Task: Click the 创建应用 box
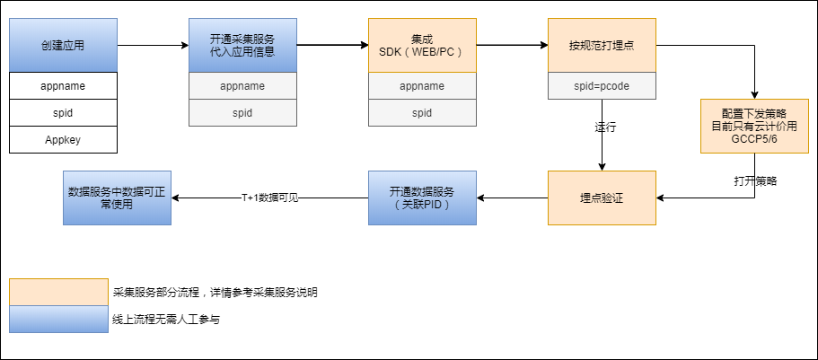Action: pyautogui.click(x=63, y=44)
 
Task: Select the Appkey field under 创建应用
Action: pyautogui.click(x=63, y=139)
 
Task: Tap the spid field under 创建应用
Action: pyautogui.click(x=63, y=113)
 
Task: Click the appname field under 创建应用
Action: pyautogui.click(x=63, y=86)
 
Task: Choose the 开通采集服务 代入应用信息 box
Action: pyautogui.click(x=242, y=44)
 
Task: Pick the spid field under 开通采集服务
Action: pyautogui.click(x=242, y=113)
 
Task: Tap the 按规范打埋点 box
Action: pyautogui.click(x=602, y=44)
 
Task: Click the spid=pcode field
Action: pyautogui.click(x=602, y=86)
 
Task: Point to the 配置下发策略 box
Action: pyautogui.click(x=753, y=127)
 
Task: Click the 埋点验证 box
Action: pyautogui.click(x=602, y=198)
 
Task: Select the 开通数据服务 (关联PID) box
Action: pyautogui.click(x=422, y=198)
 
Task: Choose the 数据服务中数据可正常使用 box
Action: pyautogui.click(x=118, y=198)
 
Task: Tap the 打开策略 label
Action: pyautogui.click(x=754, y=180)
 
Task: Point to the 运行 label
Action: pyautogui.click(x=605, y=127)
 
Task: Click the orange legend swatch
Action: pyautogui.click(x=58, y=292)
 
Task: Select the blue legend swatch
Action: pyautogui.click(x=58, y=319)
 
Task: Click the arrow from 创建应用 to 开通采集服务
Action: pyautogui.click(x=153, y=44)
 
